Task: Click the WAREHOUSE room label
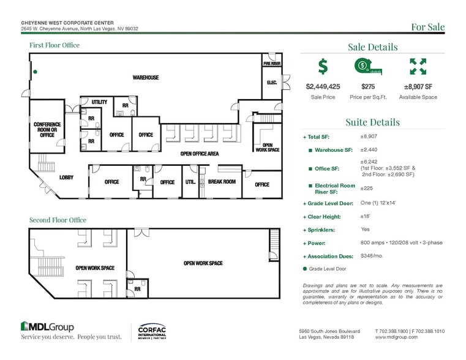[146, 78]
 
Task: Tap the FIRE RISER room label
[272, 63]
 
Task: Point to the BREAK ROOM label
[221, 182]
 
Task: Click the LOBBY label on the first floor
[67, 178]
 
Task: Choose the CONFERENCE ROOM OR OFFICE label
[47, 129]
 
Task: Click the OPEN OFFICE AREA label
[199, 154]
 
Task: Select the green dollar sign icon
[323, 66]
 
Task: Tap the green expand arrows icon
[418, 66]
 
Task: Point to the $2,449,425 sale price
[323, 87]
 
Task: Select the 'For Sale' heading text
[427, 27]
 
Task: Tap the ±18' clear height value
[366, 216]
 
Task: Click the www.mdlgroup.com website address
[396, 337]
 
